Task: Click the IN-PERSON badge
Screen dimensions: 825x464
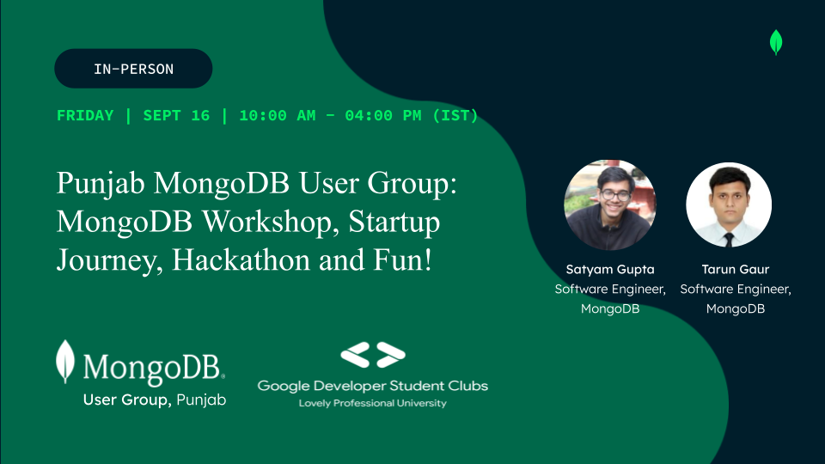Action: click(133, 69)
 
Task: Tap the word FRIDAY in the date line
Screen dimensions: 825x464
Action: click(85, 116)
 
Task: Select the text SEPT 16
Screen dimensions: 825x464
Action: click(176, 116)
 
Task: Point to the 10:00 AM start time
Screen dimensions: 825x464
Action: click(278, 116)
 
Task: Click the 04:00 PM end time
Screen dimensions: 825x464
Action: click(383, 116)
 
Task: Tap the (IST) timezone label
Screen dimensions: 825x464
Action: click(455, 116)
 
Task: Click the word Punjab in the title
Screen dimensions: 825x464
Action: click(101, 184)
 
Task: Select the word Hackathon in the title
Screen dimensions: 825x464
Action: click(241, 259)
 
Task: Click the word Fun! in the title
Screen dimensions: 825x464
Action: click(403, 259)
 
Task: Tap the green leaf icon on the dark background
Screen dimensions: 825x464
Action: click(776, 43)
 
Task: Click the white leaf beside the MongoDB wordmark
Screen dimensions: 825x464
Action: click(65, 362)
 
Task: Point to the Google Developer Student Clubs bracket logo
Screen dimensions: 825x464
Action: click(372, 355)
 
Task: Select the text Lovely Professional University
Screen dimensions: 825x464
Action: click(372, 403)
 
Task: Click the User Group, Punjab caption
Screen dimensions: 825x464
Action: click(155, 400)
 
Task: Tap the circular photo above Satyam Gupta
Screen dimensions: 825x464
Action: click(610, 205)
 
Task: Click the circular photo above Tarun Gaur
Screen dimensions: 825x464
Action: click(729, 205)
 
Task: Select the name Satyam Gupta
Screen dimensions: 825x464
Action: click(610, 270)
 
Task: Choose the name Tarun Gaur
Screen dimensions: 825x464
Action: click(736, 269)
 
